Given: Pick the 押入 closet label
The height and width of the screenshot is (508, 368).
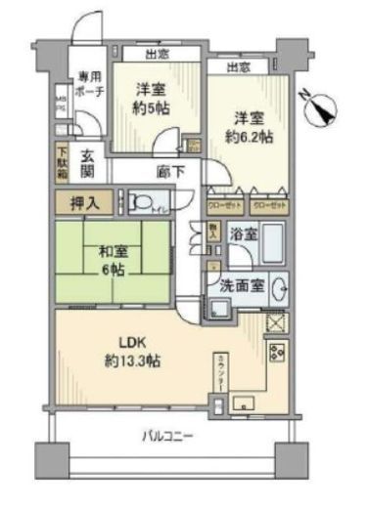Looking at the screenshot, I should (x=84, y=205).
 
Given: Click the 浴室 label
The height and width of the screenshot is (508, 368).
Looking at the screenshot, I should (x=241, y=233).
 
